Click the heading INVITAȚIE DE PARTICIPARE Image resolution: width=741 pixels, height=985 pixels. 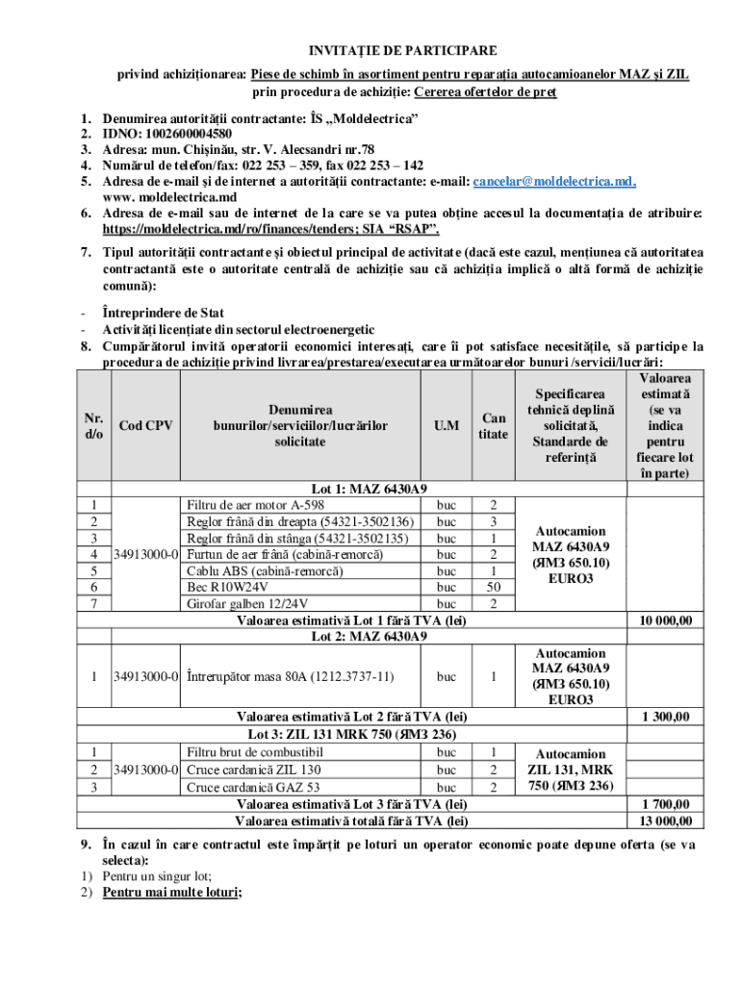pyautogui.click(x=402, y=51)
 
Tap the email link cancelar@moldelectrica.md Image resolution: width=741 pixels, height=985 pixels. pyautogui.click(x=553, y=181)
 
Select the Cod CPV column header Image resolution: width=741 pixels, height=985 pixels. pyautogui.click(x=145, y=425)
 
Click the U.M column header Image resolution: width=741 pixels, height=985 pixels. pyautogui.click(x=446, y=425)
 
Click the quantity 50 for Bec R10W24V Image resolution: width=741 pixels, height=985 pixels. pyautogui.click(x=493, y=587)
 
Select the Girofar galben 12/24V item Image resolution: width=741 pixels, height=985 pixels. pyautogui.click(x=247, y=603)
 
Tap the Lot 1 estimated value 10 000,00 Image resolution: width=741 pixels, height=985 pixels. pyautogui.click(x=665, y=620)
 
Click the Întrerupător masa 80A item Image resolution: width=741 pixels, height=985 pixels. pyautogui.click(x=290, y=676)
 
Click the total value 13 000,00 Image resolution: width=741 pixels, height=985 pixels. pyautogui.click(x=665, y=821)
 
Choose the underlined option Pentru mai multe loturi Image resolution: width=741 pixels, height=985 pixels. pyautogui.click(x=173, y=892)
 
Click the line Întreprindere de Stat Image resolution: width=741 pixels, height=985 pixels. pyautogui.click(x=164, y=313)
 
